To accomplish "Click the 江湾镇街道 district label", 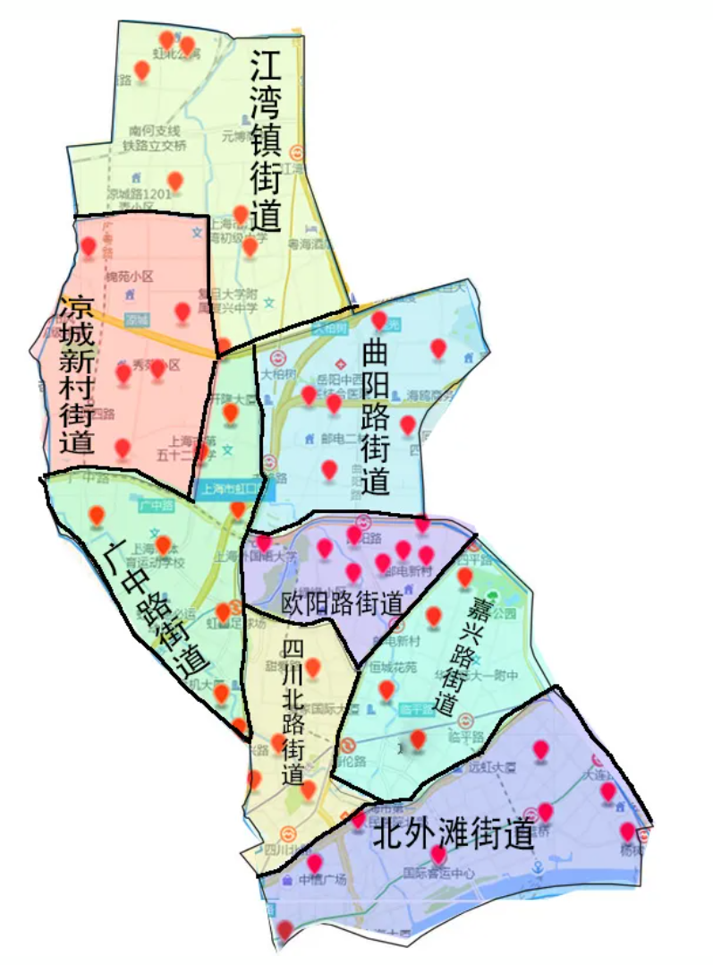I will pos(265,141).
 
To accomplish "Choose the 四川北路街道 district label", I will pos(293,713).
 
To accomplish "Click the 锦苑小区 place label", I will pos(131,277).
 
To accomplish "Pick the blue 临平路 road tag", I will pos(416,708).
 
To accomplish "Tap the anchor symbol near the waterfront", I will pos(538,869).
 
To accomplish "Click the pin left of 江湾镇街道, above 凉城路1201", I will pos(175,180).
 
